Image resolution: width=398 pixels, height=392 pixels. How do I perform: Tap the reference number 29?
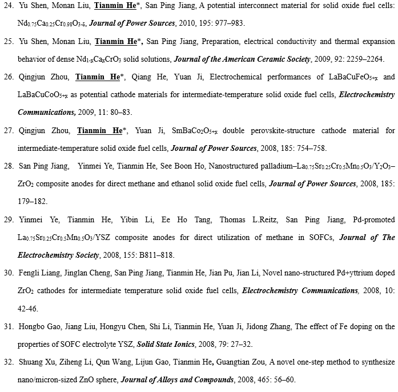pyautogui.click(x=8, y=220)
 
